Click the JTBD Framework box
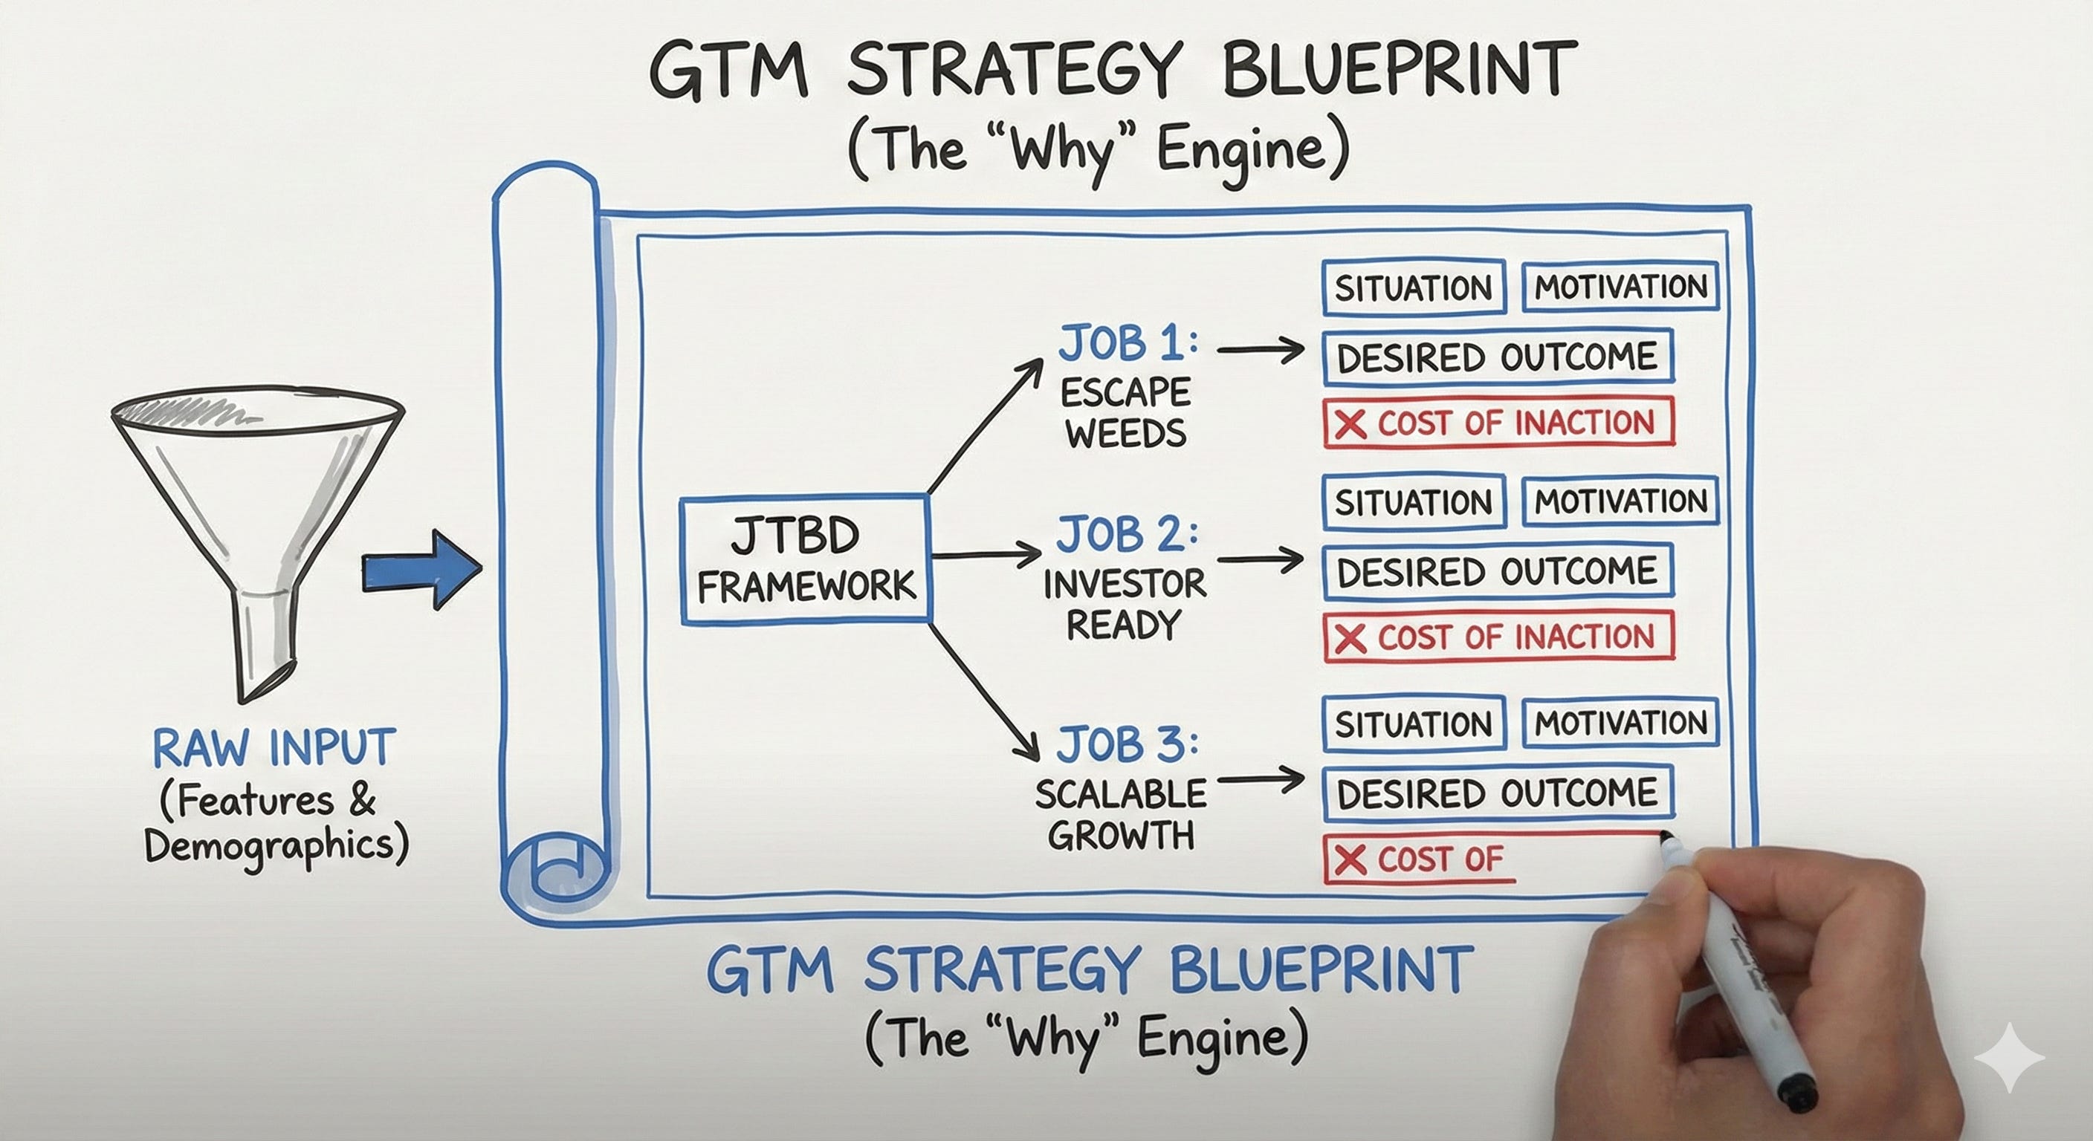804,560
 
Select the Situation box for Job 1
1413,287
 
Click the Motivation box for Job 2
1620,501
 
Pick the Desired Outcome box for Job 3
1497,793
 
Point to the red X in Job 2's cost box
1350,638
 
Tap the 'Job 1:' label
1127,343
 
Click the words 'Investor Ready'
1125,604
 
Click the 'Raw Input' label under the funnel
274,748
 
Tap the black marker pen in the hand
1747,975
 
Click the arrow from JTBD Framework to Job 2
986,556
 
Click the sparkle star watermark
2008,1057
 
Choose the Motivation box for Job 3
1620,723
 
